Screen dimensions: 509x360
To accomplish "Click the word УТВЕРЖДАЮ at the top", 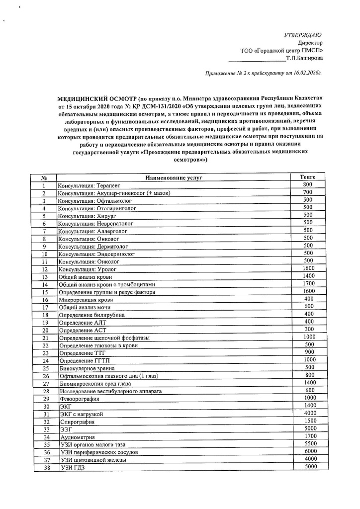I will [302, 35].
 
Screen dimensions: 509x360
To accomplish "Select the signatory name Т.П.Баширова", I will [304, 58].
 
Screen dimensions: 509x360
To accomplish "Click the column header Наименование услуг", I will [174, 177].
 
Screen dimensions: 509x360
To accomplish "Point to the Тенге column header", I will [308, 177].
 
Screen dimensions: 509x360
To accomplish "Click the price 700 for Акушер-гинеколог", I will [308, 192].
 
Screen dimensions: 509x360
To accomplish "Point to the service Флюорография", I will [79, 399].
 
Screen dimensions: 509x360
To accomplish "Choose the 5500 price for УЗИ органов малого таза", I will [310, 444].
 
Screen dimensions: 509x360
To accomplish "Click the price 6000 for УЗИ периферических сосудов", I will [310, 451].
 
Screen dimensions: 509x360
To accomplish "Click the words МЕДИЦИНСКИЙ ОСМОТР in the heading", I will [97, 98].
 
